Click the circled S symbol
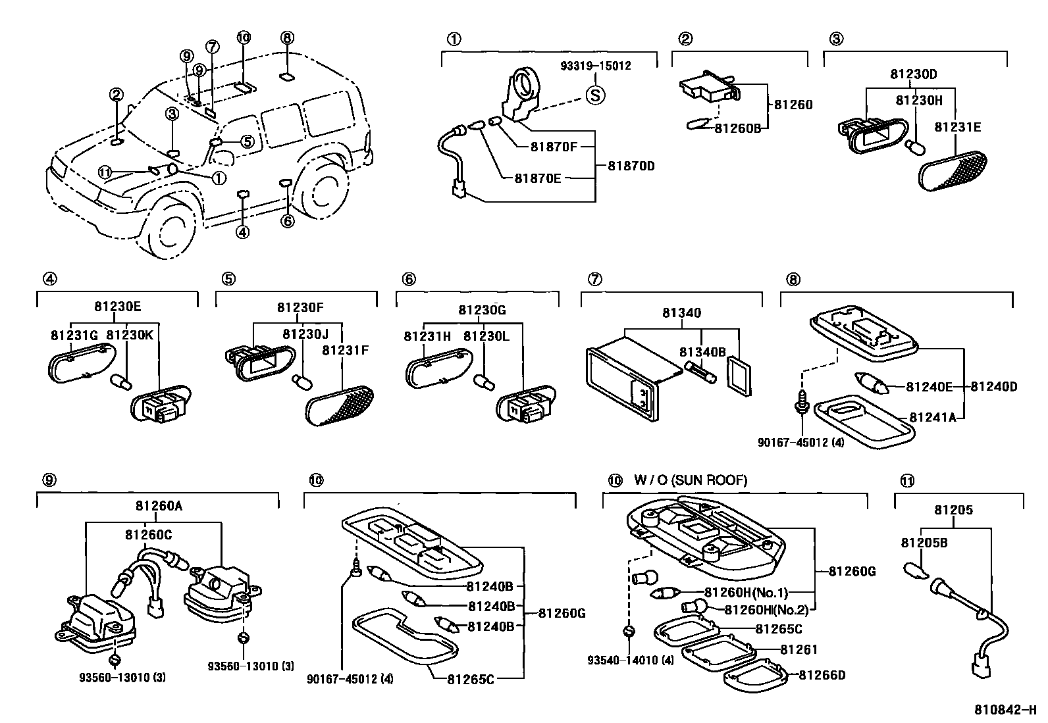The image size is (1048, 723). click(x=596, y=95)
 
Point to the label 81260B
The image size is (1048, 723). click(x=737, y=128)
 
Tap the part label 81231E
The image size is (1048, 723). click(x=958, y=128)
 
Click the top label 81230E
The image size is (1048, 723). click(x=117, y=306)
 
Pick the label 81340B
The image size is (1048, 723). click(x=702, y=353)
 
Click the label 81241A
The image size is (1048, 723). click(x=932, y=417)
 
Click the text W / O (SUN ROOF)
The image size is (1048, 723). click(x=691, y=480)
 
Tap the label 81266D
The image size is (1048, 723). click(x=822, y=674)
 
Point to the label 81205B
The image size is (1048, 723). click(x=924, y=543)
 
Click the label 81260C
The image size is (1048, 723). click(x=148, y=535)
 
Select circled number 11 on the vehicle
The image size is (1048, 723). click(x=105, y=172)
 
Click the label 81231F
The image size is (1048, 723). click(x=345, y=351)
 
